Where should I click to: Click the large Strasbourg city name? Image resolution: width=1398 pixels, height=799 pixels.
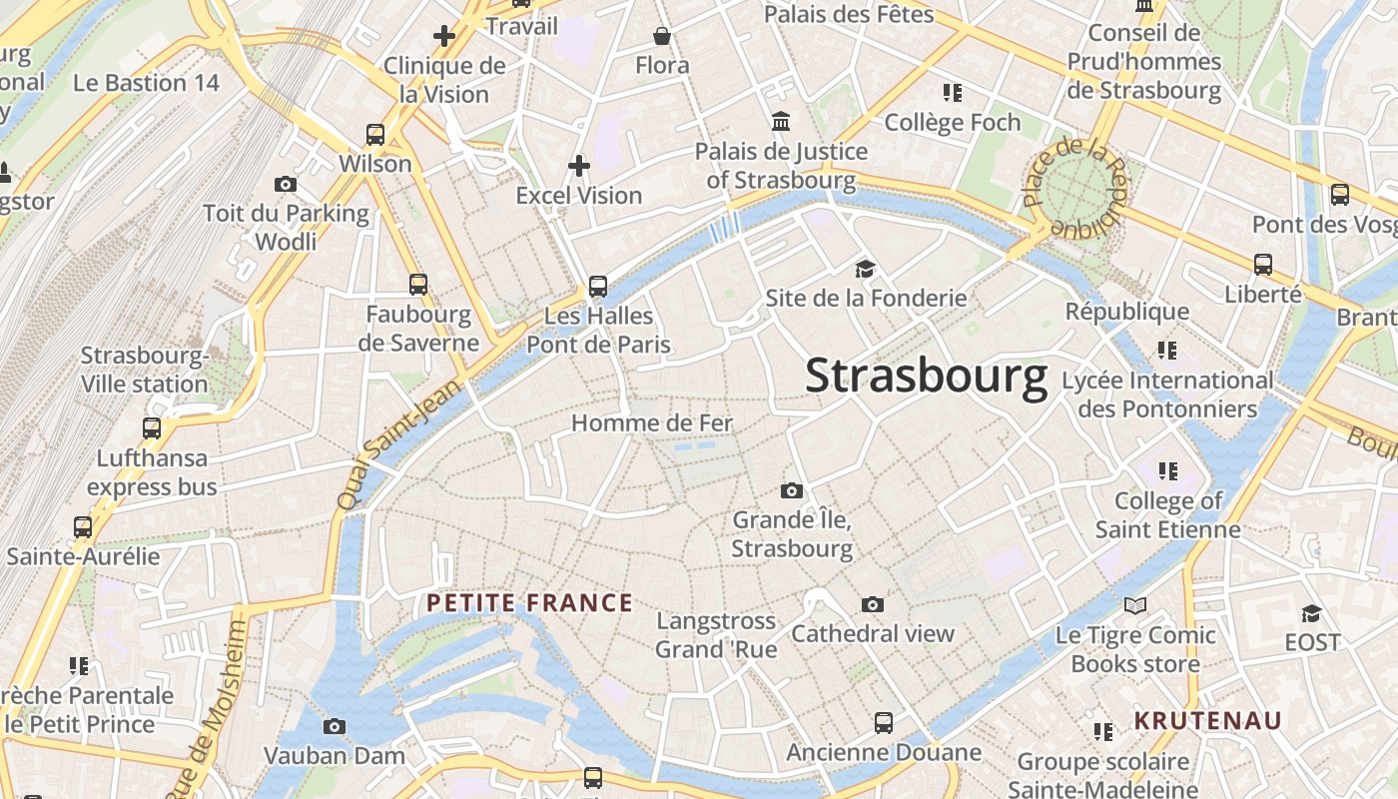pyautogui.click(x=926, y=377)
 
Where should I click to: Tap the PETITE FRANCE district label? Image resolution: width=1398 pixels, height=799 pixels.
pyautogui.click(x=529, y=603)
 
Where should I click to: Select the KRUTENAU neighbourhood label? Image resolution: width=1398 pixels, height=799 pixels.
pyautogui.click(x=1207, y=721)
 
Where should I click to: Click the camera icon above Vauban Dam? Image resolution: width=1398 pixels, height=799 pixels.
pyautogui.click(x=335, y=726)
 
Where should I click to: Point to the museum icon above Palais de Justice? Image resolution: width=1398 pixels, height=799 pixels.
pyautogui.click(x=781, y=122)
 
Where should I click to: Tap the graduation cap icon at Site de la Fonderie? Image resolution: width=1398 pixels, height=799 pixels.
pyautogui.click(x=865, y=269)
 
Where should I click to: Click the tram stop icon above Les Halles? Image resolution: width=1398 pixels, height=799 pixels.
pyautogui.click(x=598, y=287)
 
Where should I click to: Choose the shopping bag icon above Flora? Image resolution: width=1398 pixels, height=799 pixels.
pyautogui.click(x=662, y=37)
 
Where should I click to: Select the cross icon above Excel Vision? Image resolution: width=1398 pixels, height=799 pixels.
pyautogui.click(x=579, y=165)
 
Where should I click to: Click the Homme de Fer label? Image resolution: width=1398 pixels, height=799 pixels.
pyautogui.click(x=652, y=423)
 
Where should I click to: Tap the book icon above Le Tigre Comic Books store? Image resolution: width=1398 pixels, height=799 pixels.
pyautogui.click(x=1135, y=605)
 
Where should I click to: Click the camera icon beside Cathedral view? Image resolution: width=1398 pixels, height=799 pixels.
pyautogui.click(x=873, y=605)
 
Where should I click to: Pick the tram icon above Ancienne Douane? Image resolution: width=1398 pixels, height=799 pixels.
pyautogui.click(x=884, y=722)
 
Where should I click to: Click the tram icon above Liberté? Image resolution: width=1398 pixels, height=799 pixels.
pyautogui.click(x=1263, y=265)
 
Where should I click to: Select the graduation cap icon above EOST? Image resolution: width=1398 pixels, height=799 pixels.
pyautogui.click(x=1311, y=612)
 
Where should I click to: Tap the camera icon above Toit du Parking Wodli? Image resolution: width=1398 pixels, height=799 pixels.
pyautogui.click(x=286, y=185)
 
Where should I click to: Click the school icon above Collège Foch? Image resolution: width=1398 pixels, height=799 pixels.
pyautogui.click(x=953, y=93)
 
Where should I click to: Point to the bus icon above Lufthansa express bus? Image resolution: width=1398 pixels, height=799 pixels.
pyautogui.click(x=152, y=428)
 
